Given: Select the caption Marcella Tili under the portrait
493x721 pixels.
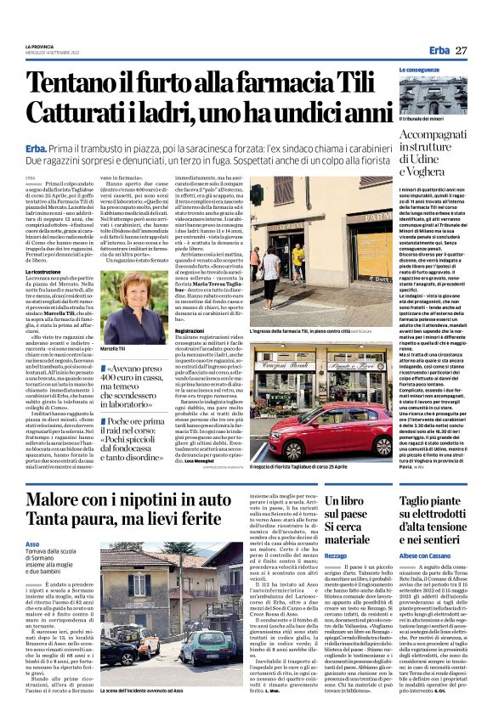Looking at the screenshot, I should point(114,348).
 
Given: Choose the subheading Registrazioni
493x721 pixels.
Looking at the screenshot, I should point(195,330).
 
